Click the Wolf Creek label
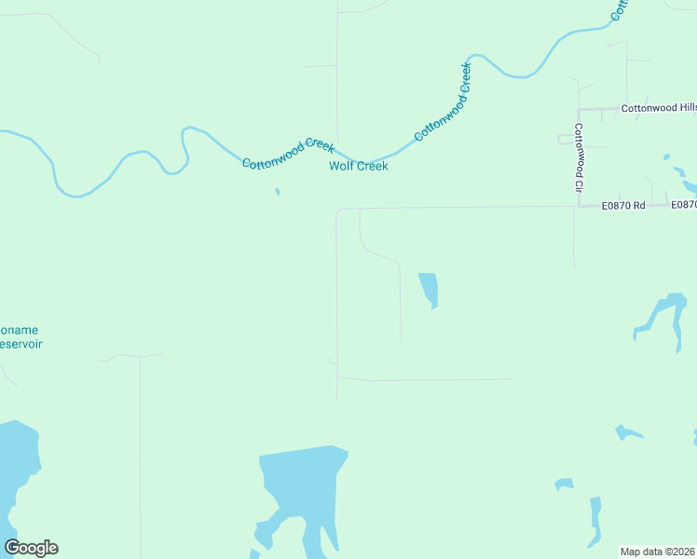coord(358,167)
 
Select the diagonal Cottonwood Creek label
coord(444,102)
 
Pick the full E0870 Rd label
coord(623,205)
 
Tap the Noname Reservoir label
coord(19,336)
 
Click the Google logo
coord(31,548)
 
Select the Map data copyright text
coord(658,552)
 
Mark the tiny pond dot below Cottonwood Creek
coord(277,193)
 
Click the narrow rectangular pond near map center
coord(429,289)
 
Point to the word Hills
coord(682,108)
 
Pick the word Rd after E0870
coord(638,205)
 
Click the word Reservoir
coord(20,344)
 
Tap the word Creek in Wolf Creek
coord(373,167)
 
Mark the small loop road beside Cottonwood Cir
coord(566,140)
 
